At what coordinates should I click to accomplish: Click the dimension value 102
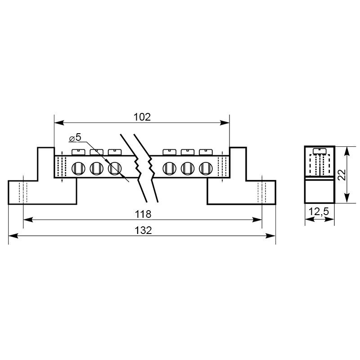[x=142, y=117]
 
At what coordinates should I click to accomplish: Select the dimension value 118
[x=143, y=214]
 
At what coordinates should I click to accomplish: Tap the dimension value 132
[x=143, y=230]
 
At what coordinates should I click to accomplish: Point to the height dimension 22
[x=342, y=175]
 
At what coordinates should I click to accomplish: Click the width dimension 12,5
[x=319, y=211]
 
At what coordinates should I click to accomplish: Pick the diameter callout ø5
[x=75, y=138]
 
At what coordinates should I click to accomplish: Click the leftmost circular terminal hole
[x=78, y=168]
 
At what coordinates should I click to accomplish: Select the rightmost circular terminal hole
[x=206, y=168]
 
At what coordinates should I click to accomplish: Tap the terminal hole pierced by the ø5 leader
[x=115, y=168]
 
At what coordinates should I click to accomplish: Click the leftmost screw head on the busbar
[x=78, y=152]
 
